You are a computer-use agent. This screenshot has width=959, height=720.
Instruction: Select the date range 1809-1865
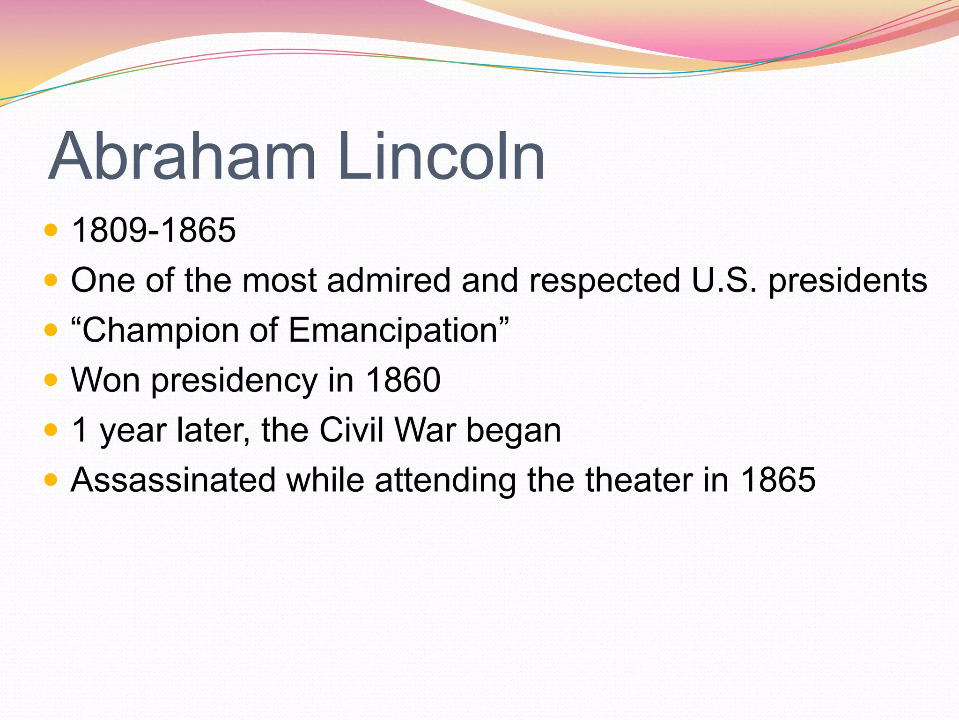coord(154,230)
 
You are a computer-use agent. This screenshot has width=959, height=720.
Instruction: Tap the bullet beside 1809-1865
coord(50,230)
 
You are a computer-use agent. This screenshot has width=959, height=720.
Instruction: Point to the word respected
coord(605,280)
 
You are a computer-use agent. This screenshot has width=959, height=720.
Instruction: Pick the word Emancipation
coord(398,331)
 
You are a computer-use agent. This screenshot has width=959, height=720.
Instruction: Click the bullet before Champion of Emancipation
coord(50,330)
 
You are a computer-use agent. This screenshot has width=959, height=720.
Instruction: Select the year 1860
coord(403,380)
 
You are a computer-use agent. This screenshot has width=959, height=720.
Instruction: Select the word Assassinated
coord(173,480)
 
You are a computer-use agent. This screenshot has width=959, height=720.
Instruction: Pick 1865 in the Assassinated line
coord(778,480)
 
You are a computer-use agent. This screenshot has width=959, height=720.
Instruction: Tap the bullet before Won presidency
coord(50,380)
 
